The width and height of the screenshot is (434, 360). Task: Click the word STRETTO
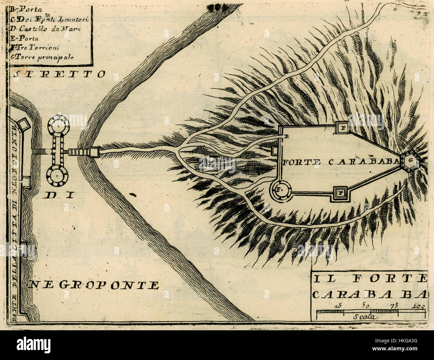click(59, 74)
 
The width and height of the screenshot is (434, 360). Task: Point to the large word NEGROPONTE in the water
click(94, 285)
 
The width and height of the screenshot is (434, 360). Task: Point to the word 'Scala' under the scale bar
click(366, 317)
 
